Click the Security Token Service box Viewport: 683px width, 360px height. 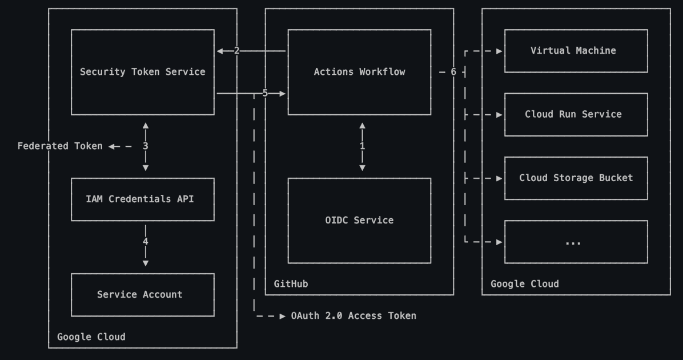142,72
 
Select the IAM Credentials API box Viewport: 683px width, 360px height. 142,199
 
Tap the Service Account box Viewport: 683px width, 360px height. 142,295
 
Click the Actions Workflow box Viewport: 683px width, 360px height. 359,72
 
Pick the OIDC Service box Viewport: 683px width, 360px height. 359,220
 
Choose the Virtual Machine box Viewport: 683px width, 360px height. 576,51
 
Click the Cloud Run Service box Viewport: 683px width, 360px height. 576,114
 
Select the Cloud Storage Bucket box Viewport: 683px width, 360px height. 576,178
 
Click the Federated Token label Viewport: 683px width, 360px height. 60,146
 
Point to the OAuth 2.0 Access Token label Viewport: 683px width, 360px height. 353,315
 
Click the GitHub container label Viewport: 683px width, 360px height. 291,284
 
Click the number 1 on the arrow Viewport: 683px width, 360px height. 362,146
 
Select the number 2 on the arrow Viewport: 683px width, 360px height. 236,51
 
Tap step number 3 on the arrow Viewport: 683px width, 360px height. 145,146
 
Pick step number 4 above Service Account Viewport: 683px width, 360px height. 145,242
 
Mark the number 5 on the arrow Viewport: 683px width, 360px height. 265,93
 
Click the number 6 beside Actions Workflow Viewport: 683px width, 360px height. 453,72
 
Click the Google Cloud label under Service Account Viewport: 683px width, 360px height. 91,337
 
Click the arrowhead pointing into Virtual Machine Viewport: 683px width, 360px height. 499,51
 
